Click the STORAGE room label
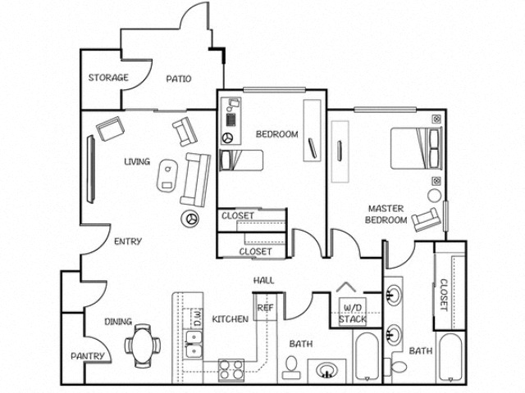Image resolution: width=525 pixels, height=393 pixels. tap(108, 78)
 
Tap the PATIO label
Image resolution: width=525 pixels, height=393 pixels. tap(178, 79)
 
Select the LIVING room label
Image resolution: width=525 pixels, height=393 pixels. tap(137, 161)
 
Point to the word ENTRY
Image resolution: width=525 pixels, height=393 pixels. tap(129, 242)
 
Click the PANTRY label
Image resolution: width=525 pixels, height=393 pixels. tap(87, 356)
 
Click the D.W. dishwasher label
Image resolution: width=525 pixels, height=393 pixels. tap(197, 318)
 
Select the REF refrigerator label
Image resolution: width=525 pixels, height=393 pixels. tap(265, 308)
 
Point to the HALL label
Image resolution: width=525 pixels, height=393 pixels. tap(263, 281)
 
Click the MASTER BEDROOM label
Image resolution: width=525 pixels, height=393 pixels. tap(386, 215)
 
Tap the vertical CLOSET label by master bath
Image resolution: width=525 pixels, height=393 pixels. tap(444, 296)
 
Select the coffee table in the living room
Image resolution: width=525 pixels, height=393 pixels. tap(168, 174)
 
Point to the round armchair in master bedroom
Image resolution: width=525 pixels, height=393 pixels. tap(426, 219)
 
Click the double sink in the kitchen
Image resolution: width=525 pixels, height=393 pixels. tap(194, 350)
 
